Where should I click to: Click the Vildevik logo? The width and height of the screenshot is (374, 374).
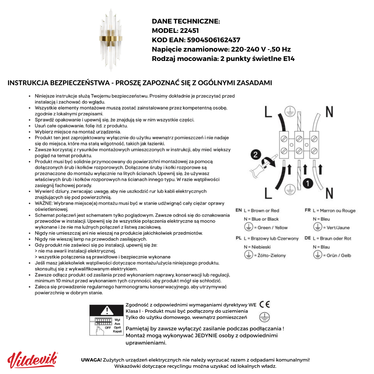click(33, 360)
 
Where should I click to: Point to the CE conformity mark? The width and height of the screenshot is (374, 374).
click(265, 304)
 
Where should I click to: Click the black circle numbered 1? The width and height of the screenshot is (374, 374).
click(308, 183)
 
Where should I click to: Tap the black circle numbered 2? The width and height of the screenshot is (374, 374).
click(256, 154)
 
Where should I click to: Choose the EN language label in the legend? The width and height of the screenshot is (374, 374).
click(239, 210)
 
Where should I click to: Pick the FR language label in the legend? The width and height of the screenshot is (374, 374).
click(308, 210)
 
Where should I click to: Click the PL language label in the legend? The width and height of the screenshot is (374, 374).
click(239, 238)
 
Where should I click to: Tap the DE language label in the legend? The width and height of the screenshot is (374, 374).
click(308, 238)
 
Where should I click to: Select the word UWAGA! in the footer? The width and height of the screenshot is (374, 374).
click(91, 360)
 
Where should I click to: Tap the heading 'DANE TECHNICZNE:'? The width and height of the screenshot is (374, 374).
click(186, 21)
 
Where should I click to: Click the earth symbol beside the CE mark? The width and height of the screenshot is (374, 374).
click(265, 317)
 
